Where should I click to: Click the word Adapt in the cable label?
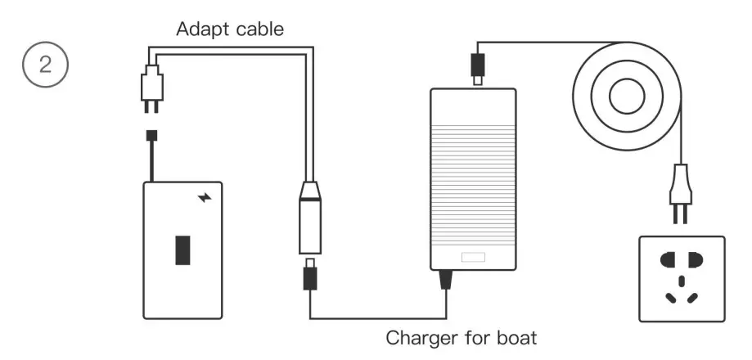(200, 30)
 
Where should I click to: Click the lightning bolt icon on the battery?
(205, 197)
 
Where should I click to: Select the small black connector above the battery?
(152, 135)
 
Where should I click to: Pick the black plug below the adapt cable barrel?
(310, 277)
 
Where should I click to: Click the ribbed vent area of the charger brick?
(473, 164)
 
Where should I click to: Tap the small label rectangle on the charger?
(473, 258)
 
